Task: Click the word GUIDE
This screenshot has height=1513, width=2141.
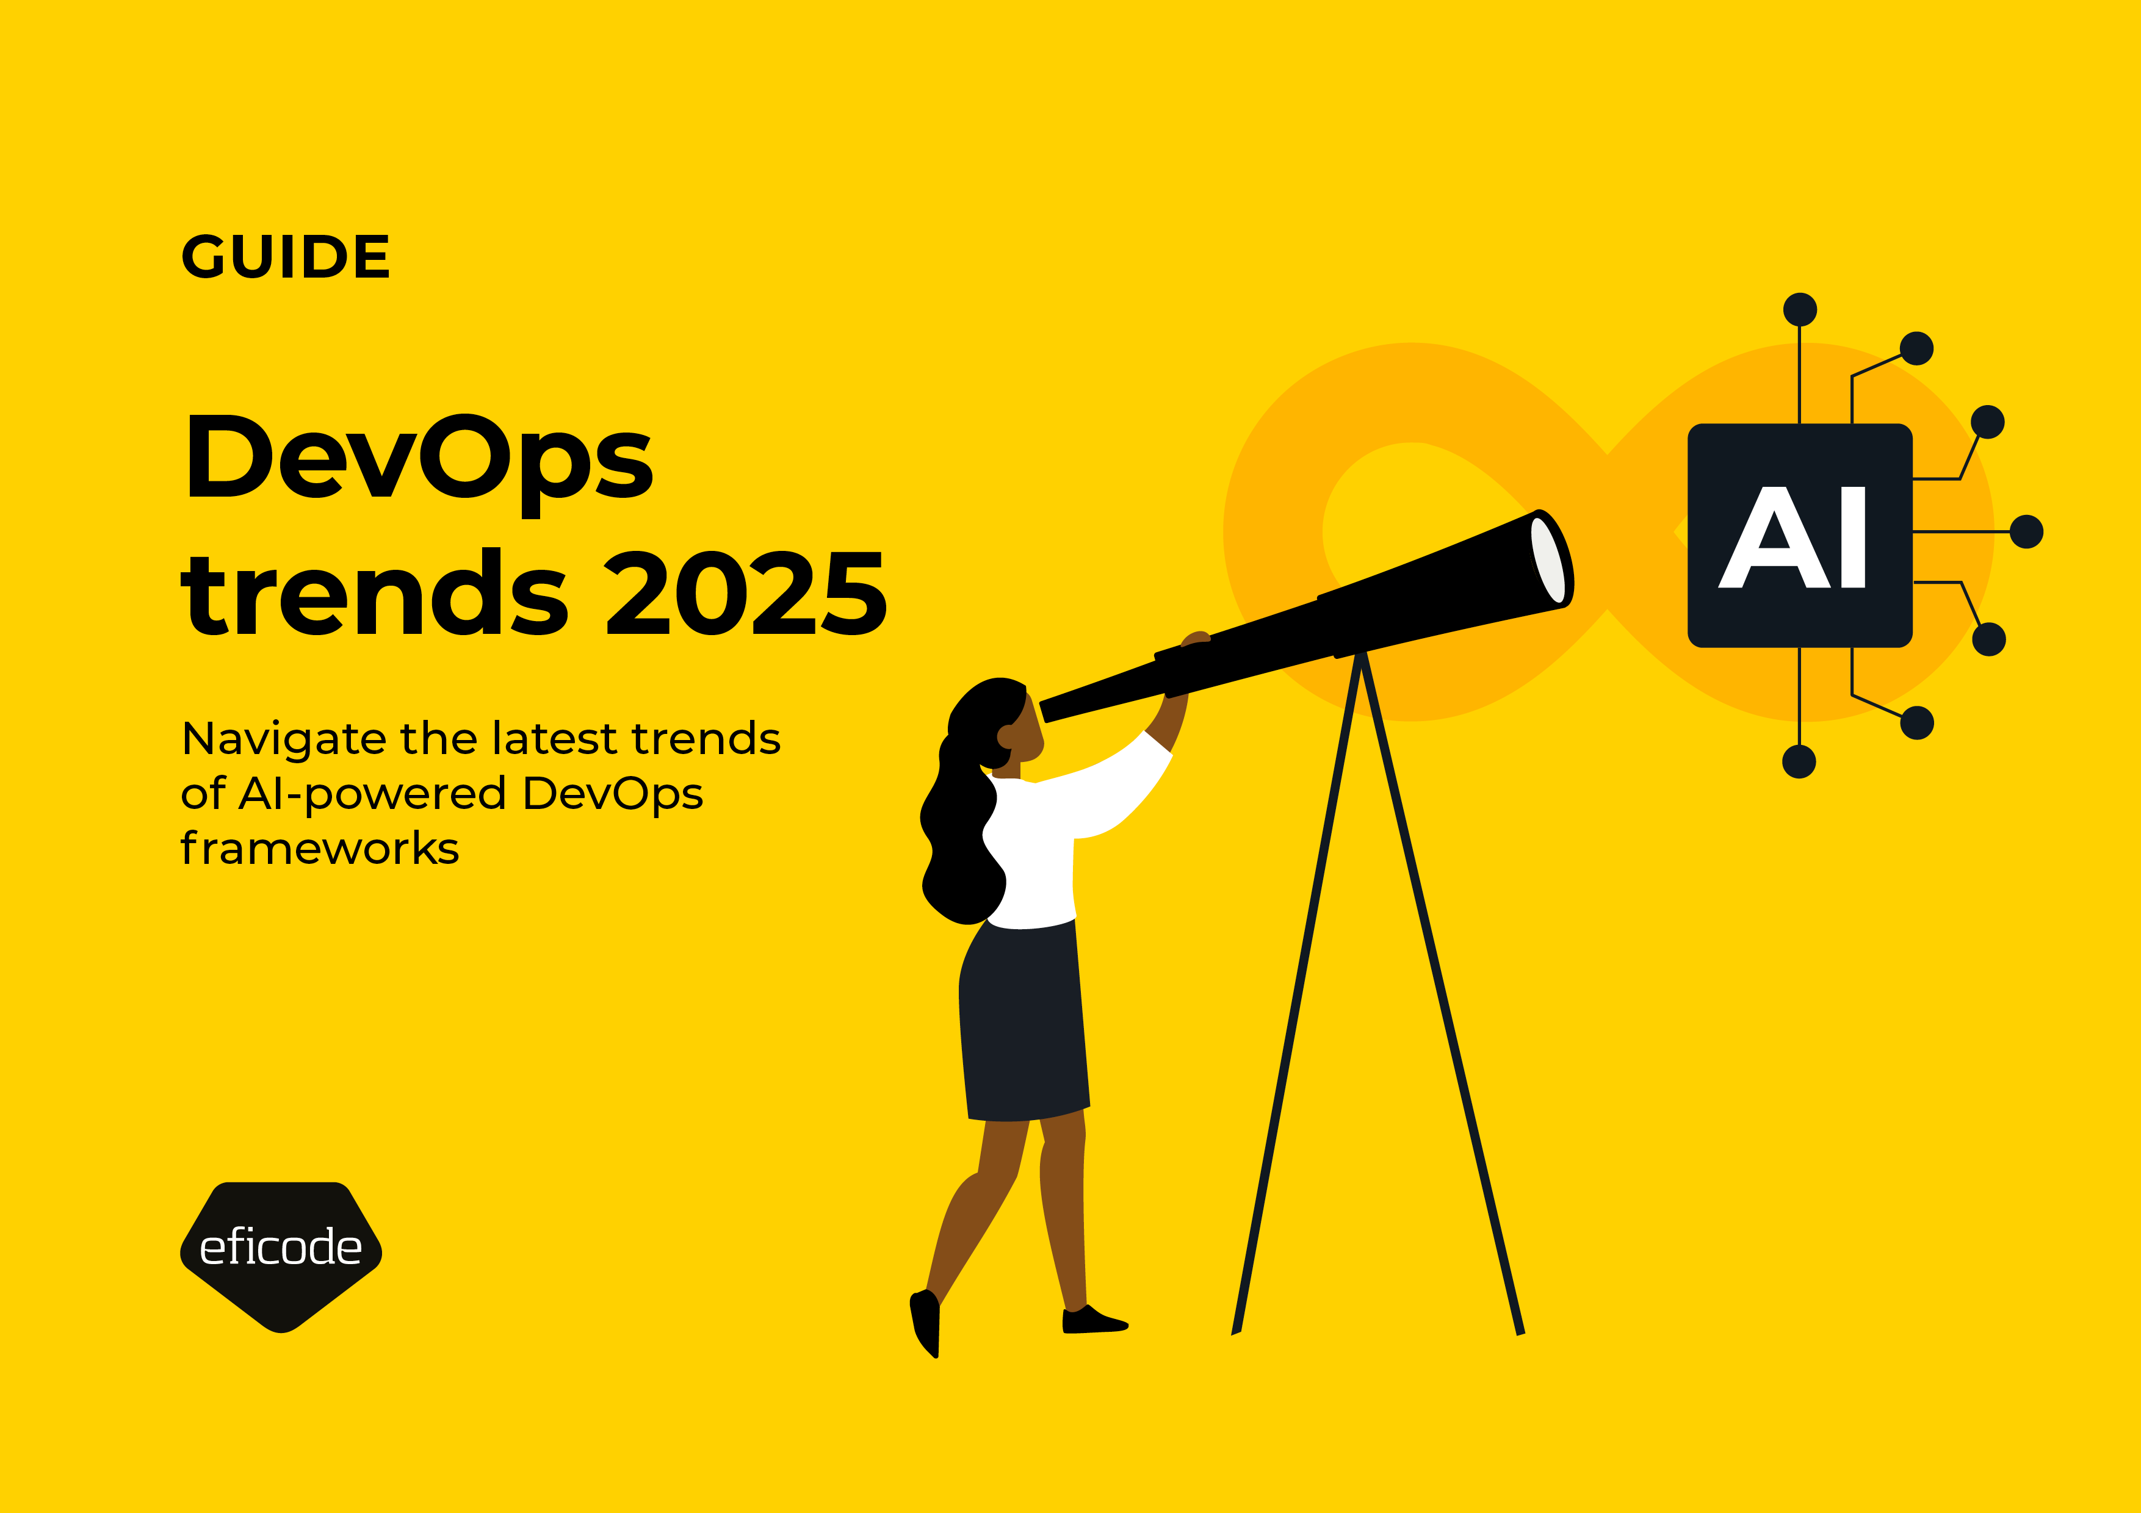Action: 286,257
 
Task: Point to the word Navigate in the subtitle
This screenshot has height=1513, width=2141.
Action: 283,739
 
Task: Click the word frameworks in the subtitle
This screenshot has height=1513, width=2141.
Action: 320,849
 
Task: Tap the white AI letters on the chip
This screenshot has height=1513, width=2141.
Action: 1793,538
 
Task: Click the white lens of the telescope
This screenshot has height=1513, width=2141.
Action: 1547,559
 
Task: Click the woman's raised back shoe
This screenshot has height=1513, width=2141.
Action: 926,1324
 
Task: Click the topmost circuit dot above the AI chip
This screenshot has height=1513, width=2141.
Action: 1800,309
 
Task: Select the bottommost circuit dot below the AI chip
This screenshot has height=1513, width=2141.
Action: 1799,761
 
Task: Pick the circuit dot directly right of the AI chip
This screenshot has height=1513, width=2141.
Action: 2026,531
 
